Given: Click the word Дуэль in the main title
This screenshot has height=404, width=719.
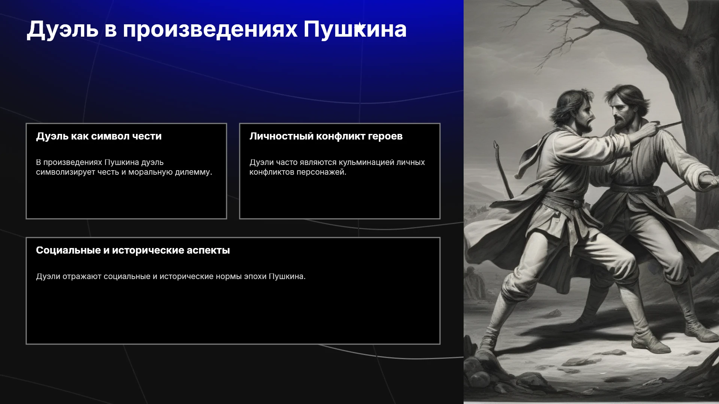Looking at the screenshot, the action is (63, 30).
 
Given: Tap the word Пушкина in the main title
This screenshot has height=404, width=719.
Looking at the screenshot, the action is (355, 29).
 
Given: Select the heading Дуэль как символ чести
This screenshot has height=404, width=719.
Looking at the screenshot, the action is (99, 136).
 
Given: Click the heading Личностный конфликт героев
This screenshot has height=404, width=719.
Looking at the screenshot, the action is (326, 136).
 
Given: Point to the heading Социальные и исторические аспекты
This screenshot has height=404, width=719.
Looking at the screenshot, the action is (133, 250).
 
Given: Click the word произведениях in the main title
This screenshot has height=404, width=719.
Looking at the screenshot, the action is (210, 30).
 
